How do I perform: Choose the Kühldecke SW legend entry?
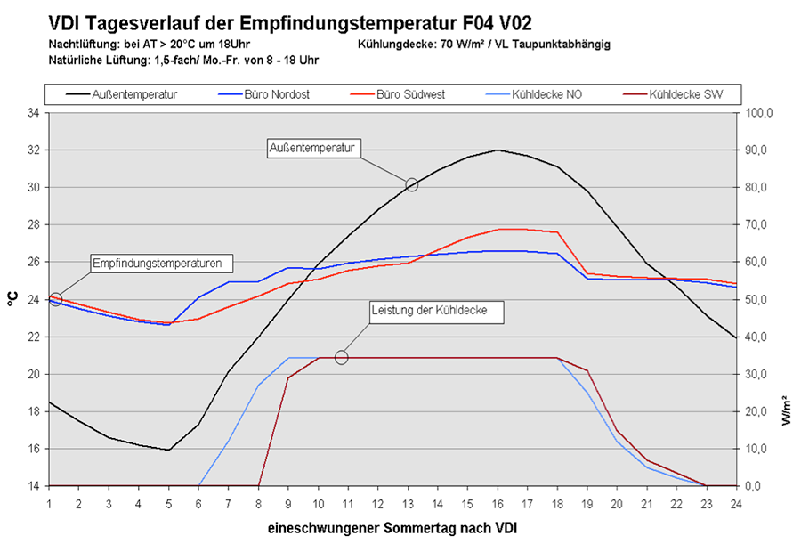coord(685,94)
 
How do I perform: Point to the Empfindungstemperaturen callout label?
coord(162,263)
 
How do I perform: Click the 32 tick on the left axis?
coord(33,150)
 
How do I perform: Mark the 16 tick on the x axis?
coord(497,503)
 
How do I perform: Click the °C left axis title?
coord(12,299)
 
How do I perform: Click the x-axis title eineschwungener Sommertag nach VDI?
coord(392,529)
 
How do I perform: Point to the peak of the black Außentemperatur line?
coord(497,150)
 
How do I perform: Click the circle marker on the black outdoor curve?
coord(411,184)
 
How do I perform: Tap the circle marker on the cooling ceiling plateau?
coord(341,357)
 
